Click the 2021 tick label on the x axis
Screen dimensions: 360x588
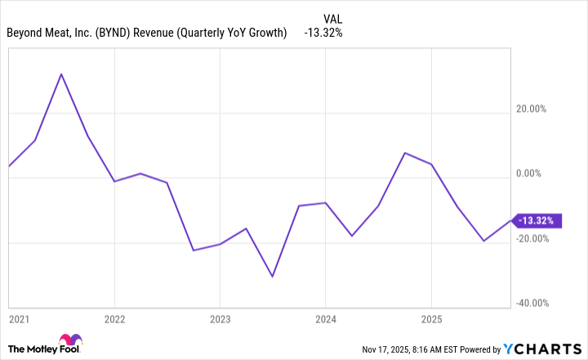[19, 318]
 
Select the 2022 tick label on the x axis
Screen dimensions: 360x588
[114, 318]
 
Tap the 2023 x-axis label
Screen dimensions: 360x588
[220, 318]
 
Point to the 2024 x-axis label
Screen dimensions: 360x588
[325, 318]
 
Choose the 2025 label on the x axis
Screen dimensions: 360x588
[431, 318]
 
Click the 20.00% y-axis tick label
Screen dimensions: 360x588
[538, 109]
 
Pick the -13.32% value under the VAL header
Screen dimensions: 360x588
[323, 33]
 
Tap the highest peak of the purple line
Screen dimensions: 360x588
[61, 74]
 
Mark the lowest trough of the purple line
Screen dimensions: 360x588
[272, 277]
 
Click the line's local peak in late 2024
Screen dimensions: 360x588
[405, 153]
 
